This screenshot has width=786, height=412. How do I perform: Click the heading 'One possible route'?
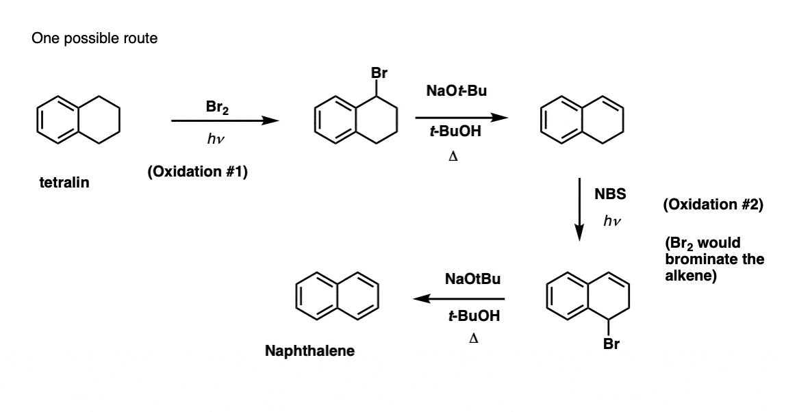[x=94, y=38]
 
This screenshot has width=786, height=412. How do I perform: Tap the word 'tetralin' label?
[x=64, y=183]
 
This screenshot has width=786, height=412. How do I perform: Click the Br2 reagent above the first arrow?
[x=217, y=107]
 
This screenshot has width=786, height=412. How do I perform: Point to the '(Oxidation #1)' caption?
[x=197, y=172]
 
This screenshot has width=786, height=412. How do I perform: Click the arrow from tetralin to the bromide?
[x=225, y=120]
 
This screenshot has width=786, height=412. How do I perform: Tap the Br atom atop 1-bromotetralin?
[x=379, y=73]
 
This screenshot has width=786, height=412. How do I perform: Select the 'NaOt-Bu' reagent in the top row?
[x=456, y=91]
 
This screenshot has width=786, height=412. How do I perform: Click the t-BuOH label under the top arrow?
[x=455, y=131]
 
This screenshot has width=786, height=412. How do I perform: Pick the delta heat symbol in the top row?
[x=453, y=157]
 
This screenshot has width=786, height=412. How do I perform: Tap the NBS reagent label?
[x=610, y=194]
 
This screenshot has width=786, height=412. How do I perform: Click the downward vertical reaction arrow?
[x=579, y=209]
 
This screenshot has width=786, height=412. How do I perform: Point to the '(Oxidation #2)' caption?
[x=713, y=205]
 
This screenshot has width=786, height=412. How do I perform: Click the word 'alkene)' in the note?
[x=691, y=276]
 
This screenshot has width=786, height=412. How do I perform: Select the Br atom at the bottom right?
[x=611, y=344]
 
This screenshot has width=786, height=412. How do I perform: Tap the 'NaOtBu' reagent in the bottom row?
[x=472, y=279]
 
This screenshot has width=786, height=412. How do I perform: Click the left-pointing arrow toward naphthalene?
[x=459, y=298]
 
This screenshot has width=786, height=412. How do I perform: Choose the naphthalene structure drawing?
[x=338, y=296]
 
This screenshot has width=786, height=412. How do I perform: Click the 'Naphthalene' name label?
[x=309, y=351]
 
